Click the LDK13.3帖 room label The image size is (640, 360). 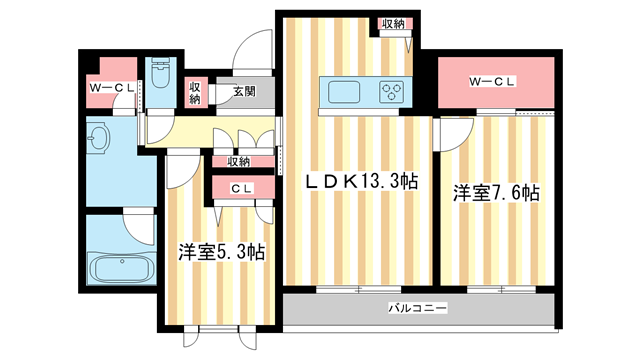click(361, 182)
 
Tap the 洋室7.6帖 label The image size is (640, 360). click(495, 193)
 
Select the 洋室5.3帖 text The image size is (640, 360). click(221, 253)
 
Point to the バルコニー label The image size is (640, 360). click(418, 308)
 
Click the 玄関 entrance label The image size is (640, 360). click(244, 91)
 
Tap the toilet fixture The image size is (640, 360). click(163, 76)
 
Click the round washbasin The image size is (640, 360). click(100, 139)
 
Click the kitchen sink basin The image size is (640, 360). click(340, 92)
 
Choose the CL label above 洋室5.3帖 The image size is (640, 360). click(241, 188)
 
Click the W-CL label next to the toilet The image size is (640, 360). click(112, 90)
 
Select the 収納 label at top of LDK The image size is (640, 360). click(393, 24)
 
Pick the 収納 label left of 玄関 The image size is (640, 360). click(196, 92)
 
